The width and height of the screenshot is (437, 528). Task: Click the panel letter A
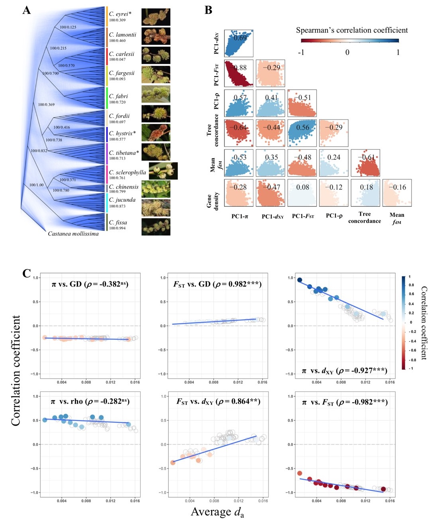[26, 10]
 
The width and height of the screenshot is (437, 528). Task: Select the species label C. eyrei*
[120, 14]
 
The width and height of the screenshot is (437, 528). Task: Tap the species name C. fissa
[118, 222]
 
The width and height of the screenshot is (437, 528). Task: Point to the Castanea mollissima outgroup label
[73, 234]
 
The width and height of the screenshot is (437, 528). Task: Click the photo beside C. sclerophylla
[163, 171]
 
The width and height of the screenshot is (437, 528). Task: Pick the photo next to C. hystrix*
[156, 133]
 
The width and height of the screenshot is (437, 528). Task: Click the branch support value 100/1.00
[37, 185]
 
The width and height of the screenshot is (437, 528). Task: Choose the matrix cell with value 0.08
[302, 192]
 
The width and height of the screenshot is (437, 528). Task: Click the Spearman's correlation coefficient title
[352, 30]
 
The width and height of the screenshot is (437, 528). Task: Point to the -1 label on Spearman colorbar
[301, 53]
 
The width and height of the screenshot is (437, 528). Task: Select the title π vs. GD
[90, 284]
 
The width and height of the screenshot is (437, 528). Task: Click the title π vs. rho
[90, 402]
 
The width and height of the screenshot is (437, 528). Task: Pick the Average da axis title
[217, 512]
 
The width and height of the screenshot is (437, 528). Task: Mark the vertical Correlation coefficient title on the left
[16, 371]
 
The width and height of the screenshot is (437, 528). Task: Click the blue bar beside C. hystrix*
[107, 135]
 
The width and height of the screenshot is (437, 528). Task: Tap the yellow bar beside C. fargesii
[107, 75]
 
